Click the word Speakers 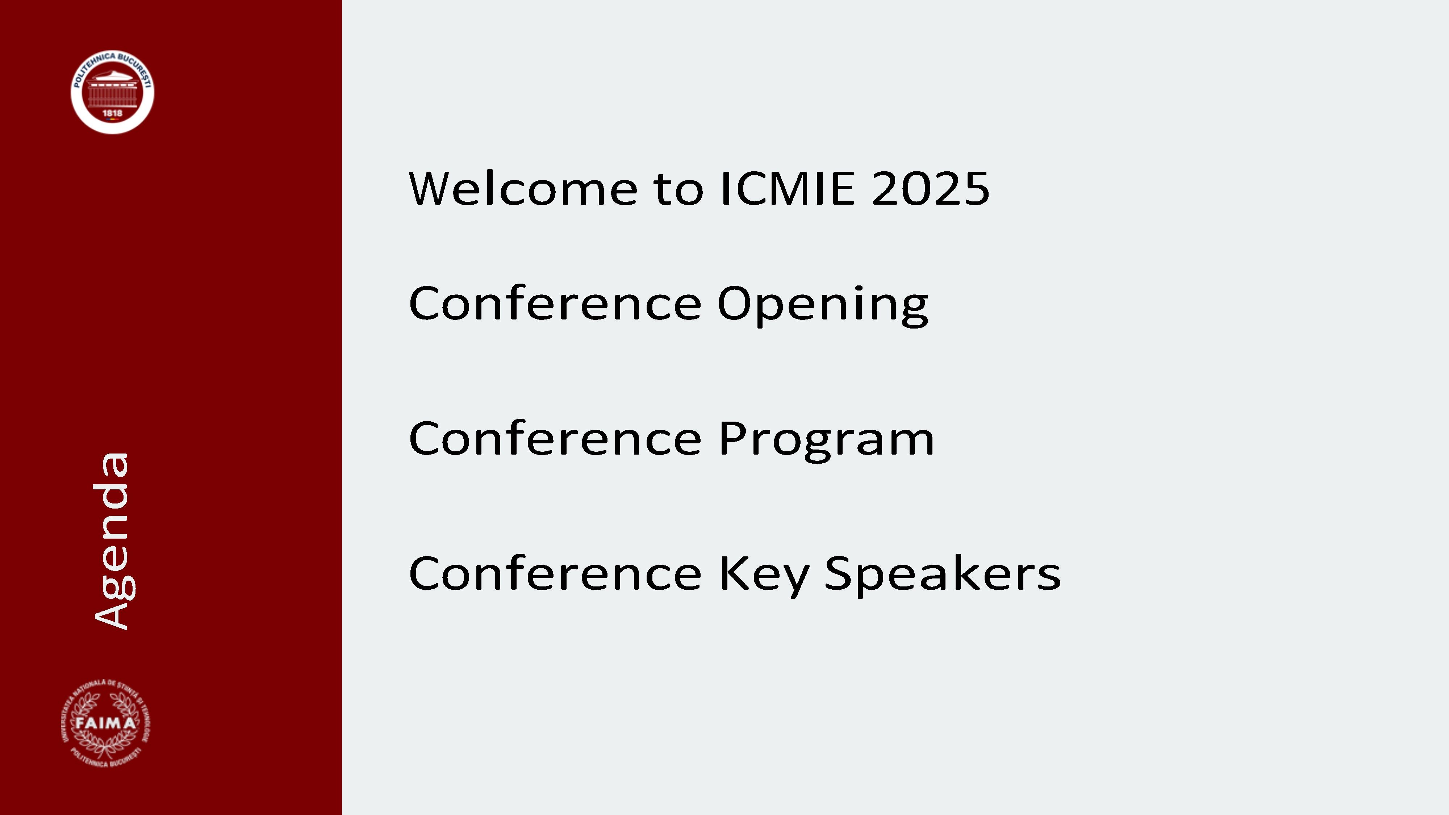tap(943, 574)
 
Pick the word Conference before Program tap(555, 439)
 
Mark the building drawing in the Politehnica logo tap(113, 88)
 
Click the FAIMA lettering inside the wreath tap(106, 723)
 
